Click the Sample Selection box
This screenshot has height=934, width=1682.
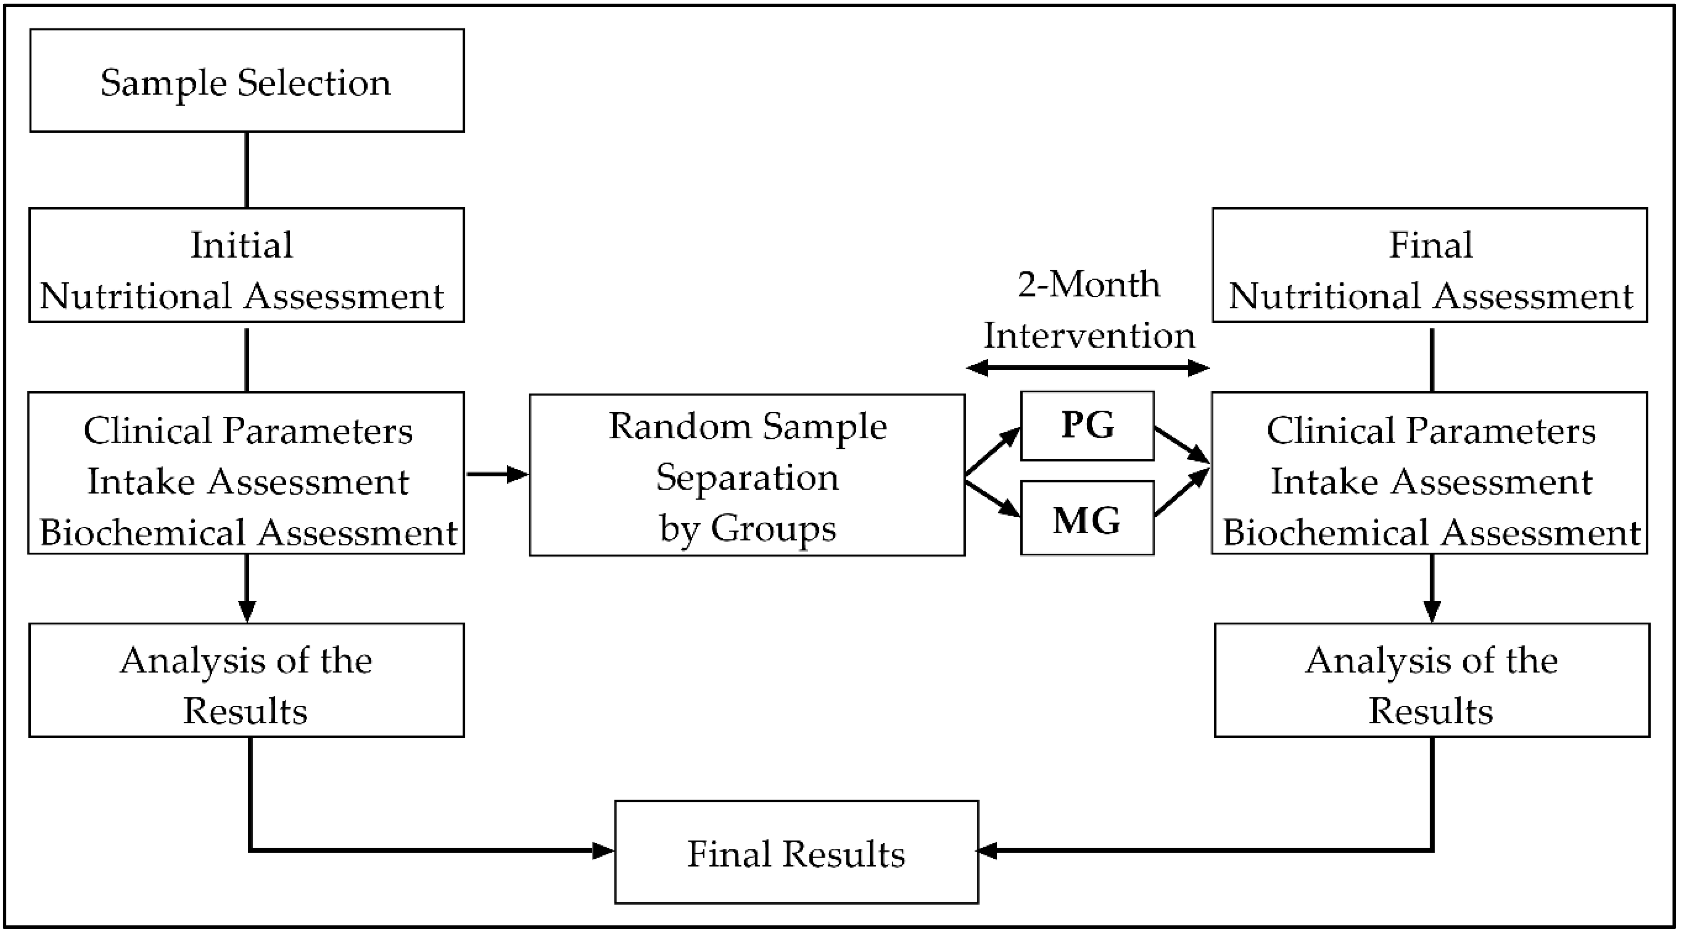247,81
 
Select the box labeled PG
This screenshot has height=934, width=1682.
1087,426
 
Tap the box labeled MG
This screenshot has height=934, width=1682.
1087,519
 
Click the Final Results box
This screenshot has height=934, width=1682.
796,853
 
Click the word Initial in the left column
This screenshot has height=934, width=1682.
242,246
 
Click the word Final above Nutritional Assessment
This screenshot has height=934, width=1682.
1430,246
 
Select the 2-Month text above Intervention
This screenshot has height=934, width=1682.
1089,285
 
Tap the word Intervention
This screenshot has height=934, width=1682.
1089,336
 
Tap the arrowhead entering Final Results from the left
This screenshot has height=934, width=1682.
602,850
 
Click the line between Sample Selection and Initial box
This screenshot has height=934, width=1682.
247,170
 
